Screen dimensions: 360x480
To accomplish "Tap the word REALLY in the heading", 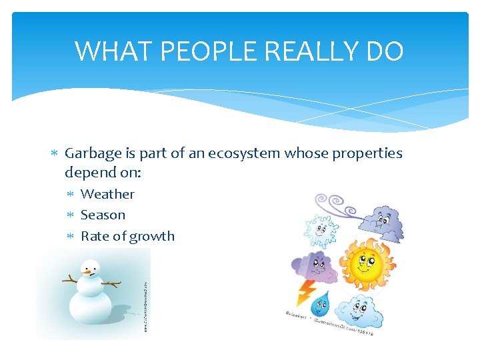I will (313, 51).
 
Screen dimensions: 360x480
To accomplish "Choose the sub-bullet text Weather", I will (107, 194).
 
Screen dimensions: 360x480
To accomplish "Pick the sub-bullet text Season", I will (103, 215).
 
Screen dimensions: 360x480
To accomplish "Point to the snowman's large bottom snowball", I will (91, 307).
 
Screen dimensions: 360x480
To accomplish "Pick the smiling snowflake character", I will (321, 230).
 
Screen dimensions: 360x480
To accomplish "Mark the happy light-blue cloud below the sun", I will (359, 311).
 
